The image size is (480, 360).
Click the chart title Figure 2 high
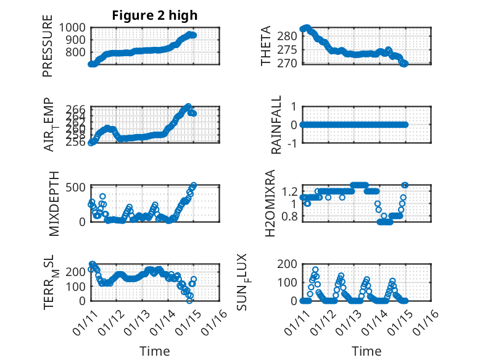tap(154, 15)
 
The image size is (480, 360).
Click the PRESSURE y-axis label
tap(48, 47)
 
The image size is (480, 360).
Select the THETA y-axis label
tap(266, 46)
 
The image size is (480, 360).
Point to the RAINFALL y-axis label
tap(277, 125)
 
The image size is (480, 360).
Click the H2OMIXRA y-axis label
tap(270, 203)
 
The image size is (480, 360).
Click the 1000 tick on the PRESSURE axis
tap(74, 28)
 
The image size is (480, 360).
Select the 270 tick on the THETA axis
tap(290, 63)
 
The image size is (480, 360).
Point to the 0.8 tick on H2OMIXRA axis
tap(291, 217)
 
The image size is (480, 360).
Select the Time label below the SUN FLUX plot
tap(366, 351)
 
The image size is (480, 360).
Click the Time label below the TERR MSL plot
tap(154, 351)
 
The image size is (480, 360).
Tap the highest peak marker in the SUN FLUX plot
tap(315, 270)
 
